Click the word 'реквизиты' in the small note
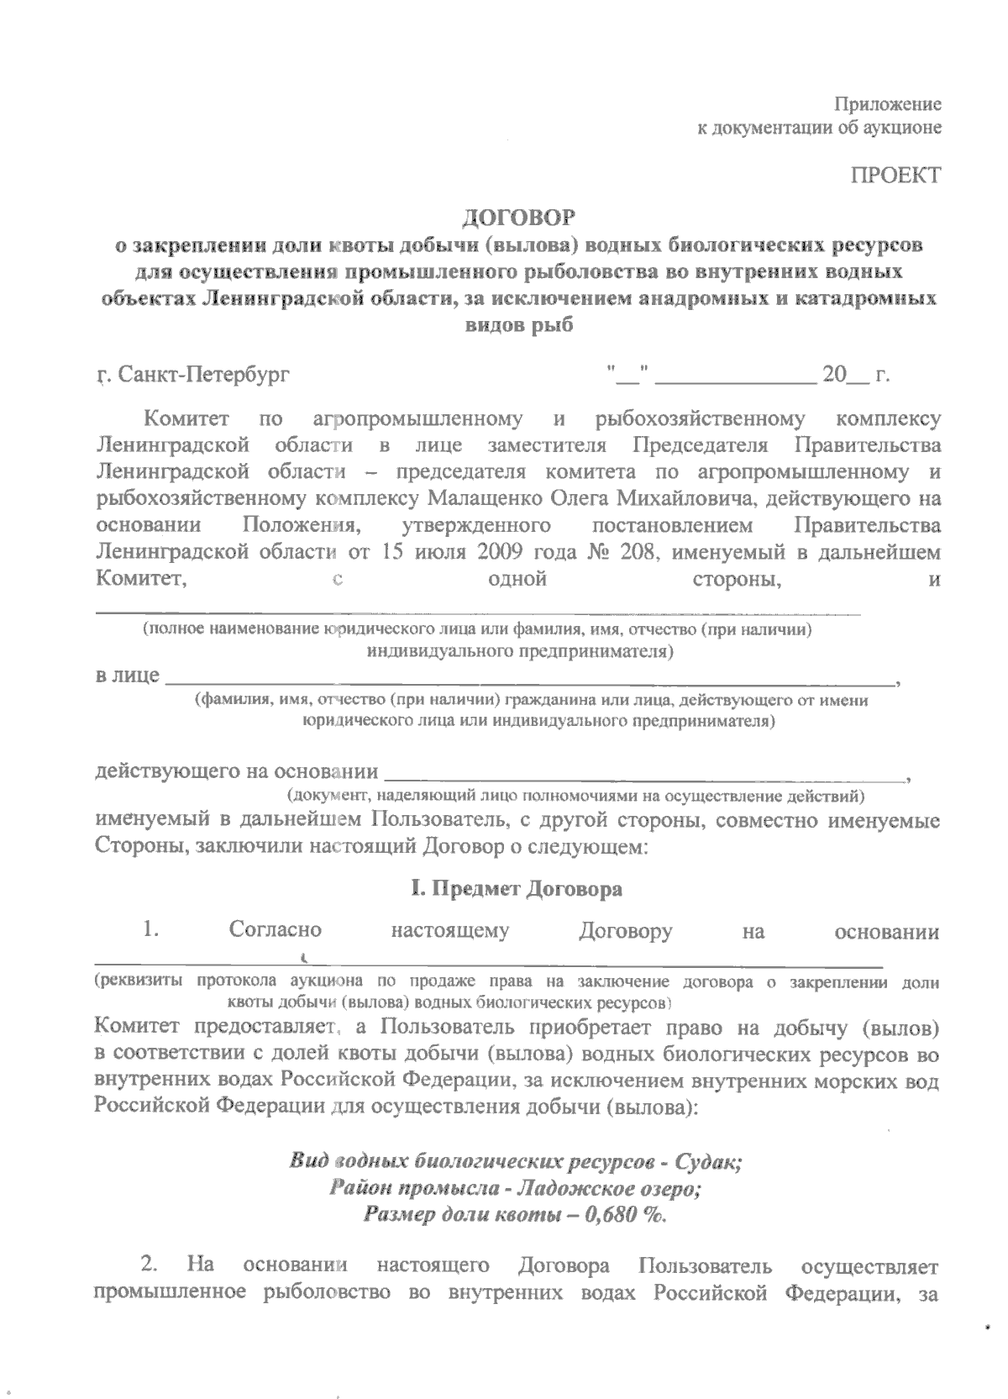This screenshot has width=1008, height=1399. click(139, 981)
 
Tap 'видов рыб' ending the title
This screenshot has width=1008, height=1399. click(519, 325)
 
